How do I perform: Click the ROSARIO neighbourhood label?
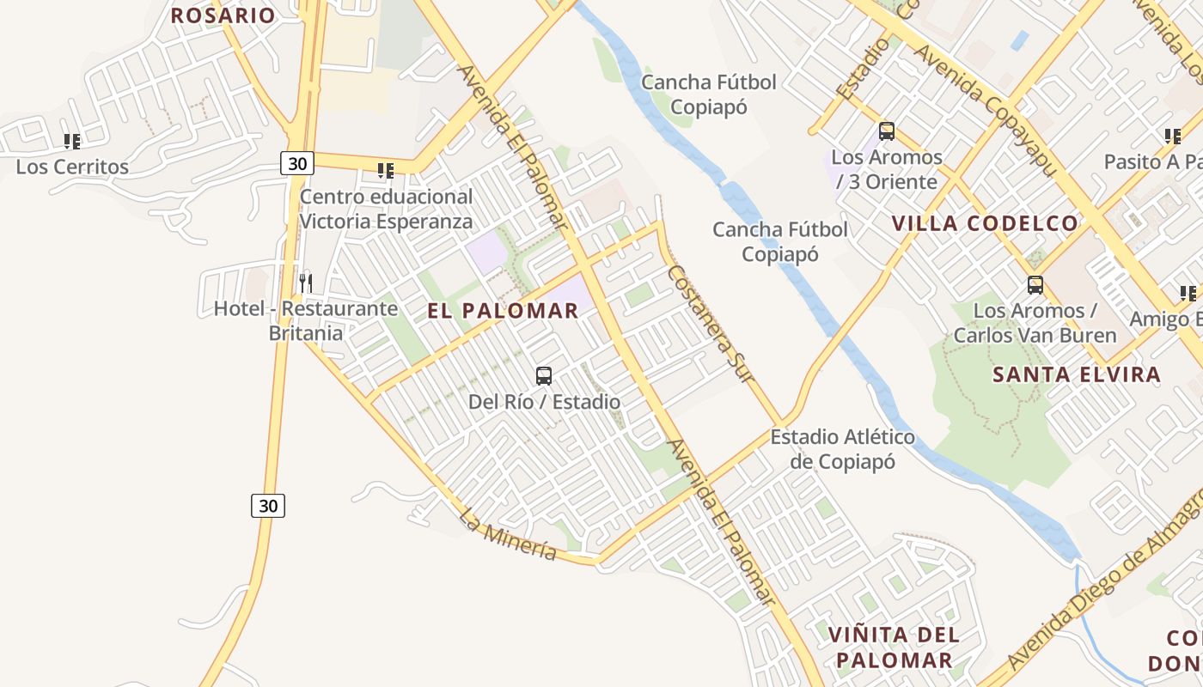click(223, 15)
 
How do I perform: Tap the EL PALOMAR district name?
click(503, 311)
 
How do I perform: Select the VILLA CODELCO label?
click(984, 223)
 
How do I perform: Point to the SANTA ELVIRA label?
click(1077, 374)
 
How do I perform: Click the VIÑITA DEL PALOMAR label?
click(894, 647)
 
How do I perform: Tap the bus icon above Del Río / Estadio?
click(544, 375)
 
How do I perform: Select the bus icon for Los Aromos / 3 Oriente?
click(887, 131)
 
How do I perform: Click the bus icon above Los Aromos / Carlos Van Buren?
click(1035, 284)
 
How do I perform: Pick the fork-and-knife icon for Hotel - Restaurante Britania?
click(305, 282)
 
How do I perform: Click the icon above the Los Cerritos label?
click(72, 141)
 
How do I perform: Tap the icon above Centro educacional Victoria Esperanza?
click(386, 170)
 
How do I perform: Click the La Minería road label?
click(508, 534)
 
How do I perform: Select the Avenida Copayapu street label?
click(983, 110)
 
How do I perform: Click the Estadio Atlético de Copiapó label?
click(842, 449)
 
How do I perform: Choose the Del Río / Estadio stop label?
click(544, 401)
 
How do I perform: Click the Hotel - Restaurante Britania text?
click(294, 320)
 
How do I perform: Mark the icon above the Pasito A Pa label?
click(1172, 136)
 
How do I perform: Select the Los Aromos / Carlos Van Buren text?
click(1035, 322)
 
